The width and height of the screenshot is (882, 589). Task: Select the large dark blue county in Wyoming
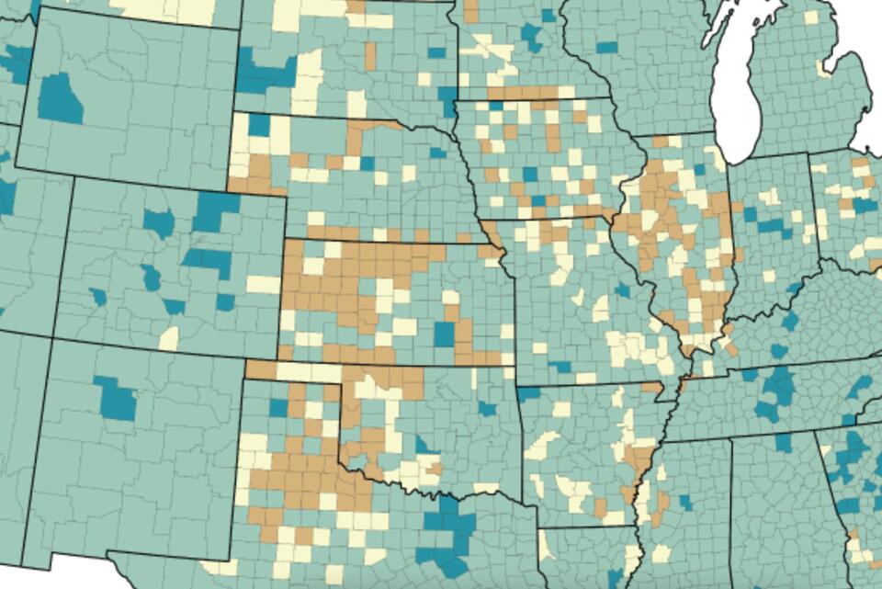click(x=61, y=99)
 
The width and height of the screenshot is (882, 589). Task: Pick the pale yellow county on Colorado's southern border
click(x=169, y=338)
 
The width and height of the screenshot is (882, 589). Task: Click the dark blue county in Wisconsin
click(x=606, y=47)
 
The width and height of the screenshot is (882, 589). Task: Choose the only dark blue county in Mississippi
click(x=685, y=503)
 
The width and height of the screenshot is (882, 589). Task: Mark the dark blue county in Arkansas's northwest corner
click(x=529, y=394)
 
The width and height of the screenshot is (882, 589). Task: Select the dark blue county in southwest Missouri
click(x=560, y=367)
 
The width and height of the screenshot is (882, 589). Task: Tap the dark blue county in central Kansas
click(x=444, y=334)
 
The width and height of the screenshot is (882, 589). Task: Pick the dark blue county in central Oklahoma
click(x=424, y=446)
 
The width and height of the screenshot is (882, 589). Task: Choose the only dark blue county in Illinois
click(x=700, y=169)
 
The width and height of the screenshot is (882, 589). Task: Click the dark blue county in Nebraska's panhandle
click(x=259, y=124)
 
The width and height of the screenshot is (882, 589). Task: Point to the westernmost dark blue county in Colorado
click(x=97, y=297)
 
